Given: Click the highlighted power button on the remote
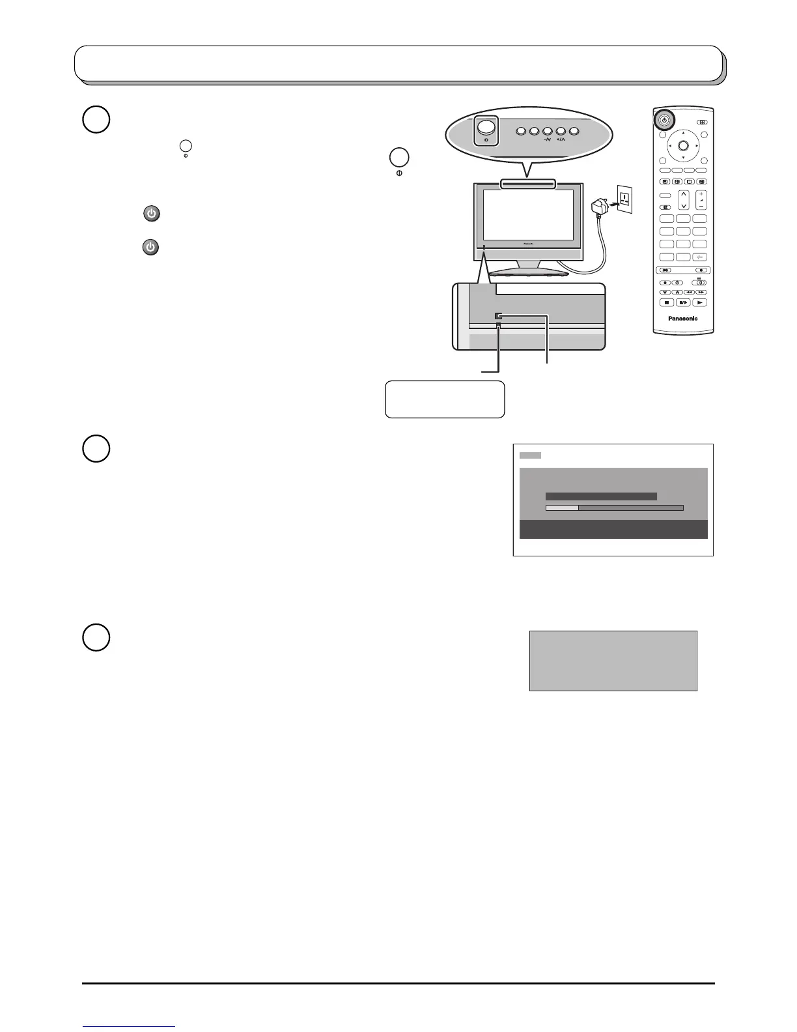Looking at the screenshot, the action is coord(664,120).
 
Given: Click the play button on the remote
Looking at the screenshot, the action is coord(700,303).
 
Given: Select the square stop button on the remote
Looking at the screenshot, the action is coord(666,303).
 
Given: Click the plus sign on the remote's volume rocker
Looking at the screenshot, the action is coord(701,194).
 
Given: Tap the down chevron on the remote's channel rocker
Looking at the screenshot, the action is coord(683,205).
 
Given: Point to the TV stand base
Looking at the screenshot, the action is coord(528,270).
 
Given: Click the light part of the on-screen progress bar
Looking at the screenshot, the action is coord(562,508).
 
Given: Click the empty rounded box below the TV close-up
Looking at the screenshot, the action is coord(445,399).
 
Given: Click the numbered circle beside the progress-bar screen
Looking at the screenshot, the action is coord(96,450).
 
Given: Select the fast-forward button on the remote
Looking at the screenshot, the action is coord(701,293).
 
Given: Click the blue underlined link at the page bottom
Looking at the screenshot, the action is coord(130,1027).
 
